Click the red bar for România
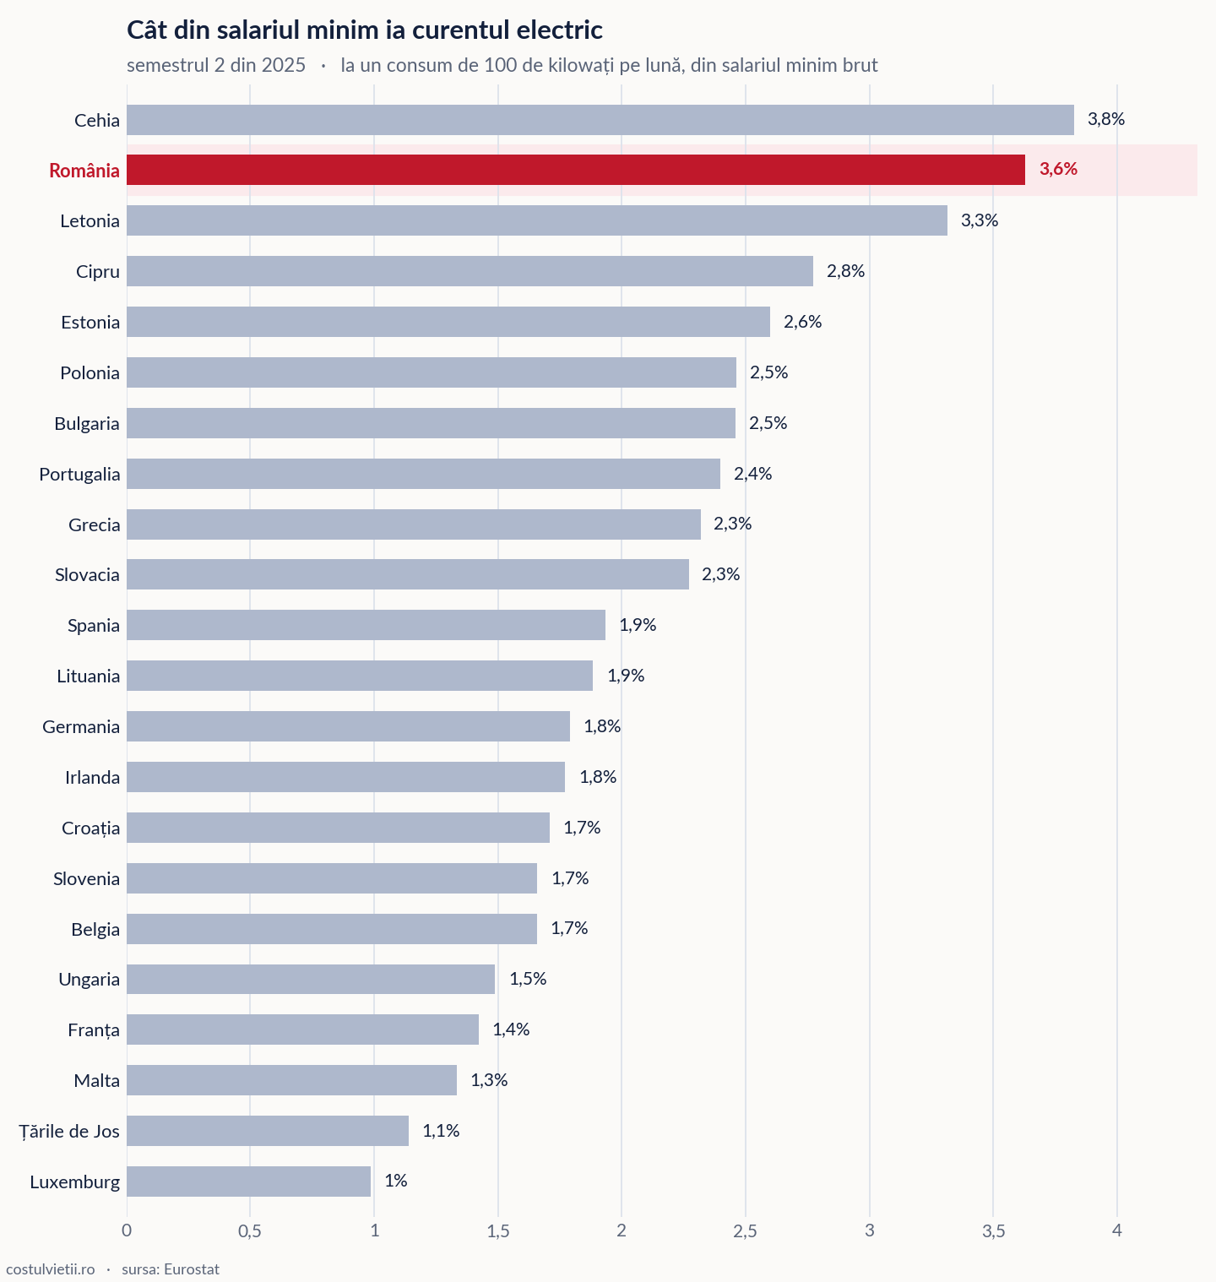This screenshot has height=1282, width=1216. (576, 170)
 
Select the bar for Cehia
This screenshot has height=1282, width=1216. (600, 120)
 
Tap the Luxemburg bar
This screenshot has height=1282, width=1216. (248, 1182)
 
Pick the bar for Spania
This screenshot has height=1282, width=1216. (366, 625)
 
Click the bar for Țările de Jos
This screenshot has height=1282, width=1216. (268, 1131)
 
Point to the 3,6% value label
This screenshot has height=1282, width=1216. (1058, 169)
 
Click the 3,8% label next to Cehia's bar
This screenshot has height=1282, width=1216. (1106, 119)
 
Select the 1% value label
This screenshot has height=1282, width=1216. (396, 1181)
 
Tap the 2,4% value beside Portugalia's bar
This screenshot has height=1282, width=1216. (753, 474)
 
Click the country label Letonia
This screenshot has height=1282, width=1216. (90, 221)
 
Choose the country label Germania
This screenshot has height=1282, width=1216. (81, 727)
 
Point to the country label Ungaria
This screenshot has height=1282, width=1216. (90, 980)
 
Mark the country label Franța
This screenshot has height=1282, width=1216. (94, 1030)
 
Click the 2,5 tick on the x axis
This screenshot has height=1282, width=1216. (746, 1231)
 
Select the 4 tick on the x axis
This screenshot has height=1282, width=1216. (1117, 1230)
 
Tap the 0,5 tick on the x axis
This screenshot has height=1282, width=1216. (250, 1231)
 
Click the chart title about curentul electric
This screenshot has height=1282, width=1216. (365, 30)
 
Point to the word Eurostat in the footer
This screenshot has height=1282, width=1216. (192, 1269)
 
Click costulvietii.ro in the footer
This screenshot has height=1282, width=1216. (51, 1269)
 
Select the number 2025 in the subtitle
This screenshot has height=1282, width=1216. (283, 65)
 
